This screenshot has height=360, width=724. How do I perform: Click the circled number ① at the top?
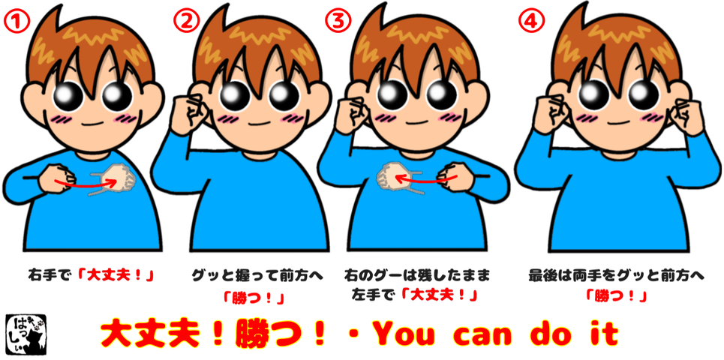coord(16,21)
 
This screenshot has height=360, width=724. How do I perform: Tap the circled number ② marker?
coord(186,21)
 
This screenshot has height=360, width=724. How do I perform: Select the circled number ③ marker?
coord(338,21)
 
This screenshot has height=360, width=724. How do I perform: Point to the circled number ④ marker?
coord(530,21)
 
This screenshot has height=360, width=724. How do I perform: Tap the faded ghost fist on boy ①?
coord(119,177)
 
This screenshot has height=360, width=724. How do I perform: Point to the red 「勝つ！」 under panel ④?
coord(616,295)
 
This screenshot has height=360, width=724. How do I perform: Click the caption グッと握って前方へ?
coord(257,277)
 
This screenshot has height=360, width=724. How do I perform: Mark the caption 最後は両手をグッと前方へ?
coord(616,277)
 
